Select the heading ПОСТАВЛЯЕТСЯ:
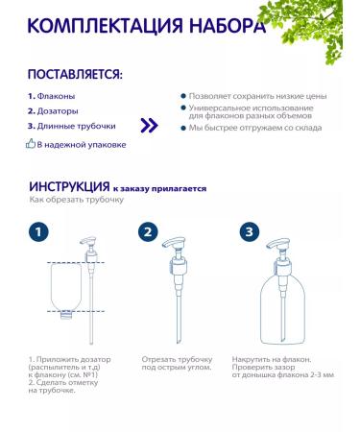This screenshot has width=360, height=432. tap(75, 75)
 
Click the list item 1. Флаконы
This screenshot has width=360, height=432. tap(51, 96)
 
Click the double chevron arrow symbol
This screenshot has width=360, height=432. tap(148, 125)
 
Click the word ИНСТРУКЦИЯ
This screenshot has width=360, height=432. tap(68, 188)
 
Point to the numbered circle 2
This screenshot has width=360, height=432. tap(148, 232)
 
